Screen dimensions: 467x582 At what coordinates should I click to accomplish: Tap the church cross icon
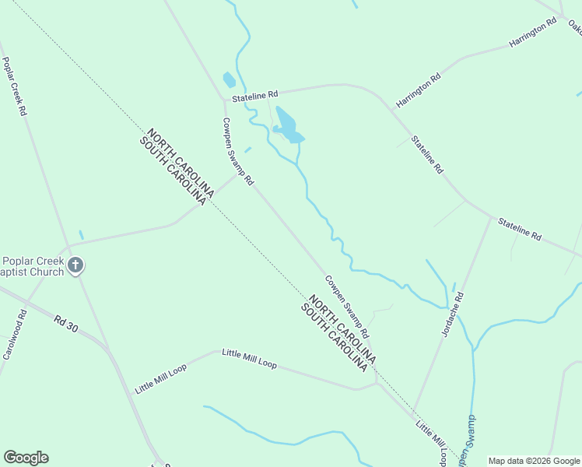point(75,266)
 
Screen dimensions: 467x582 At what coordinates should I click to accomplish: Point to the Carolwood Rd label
point(13,335)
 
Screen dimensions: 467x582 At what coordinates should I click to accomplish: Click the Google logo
point(26,458)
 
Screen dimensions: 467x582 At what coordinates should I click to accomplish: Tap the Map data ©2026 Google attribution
point(534,461)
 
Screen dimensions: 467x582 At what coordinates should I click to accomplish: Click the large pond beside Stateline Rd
point(287,125)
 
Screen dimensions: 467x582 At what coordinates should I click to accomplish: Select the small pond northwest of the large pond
point(229,79)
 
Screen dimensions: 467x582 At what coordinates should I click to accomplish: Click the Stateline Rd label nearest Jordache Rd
point(520,229)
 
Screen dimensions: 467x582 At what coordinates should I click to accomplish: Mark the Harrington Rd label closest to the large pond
point(418,90)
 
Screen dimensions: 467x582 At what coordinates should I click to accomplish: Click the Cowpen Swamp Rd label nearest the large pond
point(238,151)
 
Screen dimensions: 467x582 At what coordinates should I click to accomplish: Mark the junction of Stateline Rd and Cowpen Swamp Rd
point(224,99)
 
